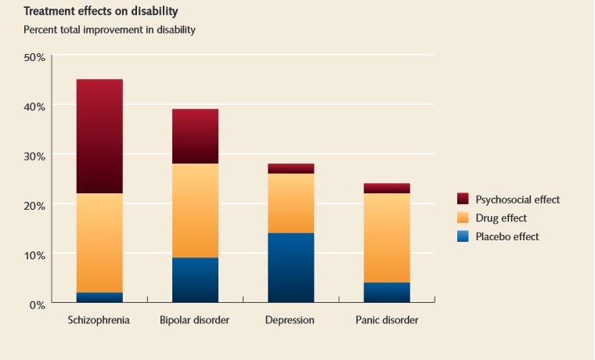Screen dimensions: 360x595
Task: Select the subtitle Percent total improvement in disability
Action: pyautogui.click(x=109, y=30)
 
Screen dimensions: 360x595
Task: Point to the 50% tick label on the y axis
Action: pyautogui.click(x=34, y=58)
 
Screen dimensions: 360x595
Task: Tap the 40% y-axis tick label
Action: pyautogui.click(x=34, y=106)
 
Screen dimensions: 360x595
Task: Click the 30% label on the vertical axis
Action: pyautogui.click(x=34, y=156)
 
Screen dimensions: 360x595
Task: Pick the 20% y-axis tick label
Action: pyautogui.click(x=34, y=205)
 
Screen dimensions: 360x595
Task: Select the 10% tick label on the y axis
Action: pyautogui.click(x=34, y=254)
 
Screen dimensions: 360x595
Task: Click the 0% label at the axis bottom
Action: pyautogui.click(x=37, y=304)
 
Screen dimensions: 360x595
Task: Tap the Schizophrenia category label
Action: pyautogui.click(x=99, y=320)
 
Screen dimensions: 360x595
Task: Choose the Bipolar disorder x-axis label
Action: pyautogui.click(x=195, y=320)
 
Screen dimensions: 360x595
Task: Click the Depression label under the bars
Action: pyautogui.click(x=290, y=320)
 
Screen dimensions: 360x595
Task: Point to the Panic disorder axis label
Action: pyautogui.click(x=387, y=320)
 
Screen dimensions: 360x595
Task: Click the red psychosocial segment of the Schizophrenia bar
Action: pyautogui.click(x=99, y=136)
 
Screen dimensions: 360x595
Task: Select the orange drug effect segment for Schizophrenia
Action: pyautogui.click(x=99, y=243)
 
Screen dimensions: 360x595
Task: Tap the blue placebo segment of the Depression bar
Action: pyautogui.click(x=290, y=268)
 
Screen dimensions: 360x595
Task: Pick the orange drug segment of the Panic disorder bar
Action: pyautogui.click(x=387, y=238)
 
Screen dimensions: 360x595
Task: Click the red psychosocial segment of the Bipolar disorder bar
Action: pyautogui.click(x=195, y=136)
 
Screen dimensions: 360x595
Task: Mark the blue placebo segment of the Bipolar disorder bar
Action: pyautogui.click(x=195, y=280)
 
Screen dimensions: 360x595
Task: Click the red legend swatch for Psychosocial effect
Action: pyautogui.click(x=463, y=200)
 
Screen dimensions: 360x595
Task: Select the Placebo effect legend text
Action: pyautogui.click(x=507, y=236)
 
